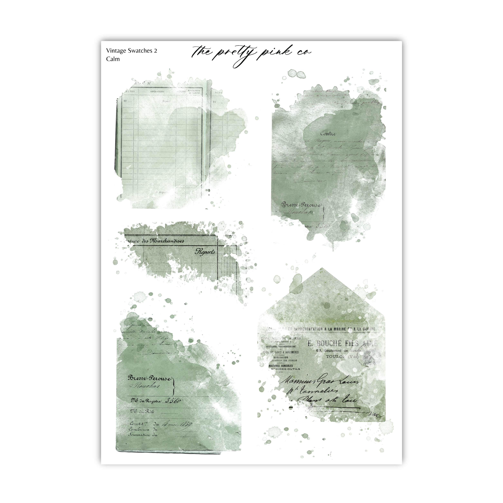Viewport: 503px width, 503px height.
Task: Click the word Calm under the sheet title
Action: tap(113, 59)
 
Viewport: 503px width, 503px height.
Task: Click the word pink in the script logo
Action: tap(276, 52)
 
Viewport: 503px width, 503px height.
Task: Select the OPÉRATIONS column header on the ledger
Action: tap(157, 92)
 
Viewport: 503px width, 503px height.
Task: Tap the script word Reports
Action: tap(205, 252)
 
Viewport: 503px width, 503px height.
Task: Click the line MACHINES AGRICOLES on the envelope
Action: tap(281, 366)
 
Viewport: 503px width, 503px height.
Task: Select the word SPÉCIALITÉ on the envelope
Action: tap(281, 357)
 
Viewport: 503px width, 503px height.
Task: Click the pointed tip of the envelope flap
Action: tap(321, 268)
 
